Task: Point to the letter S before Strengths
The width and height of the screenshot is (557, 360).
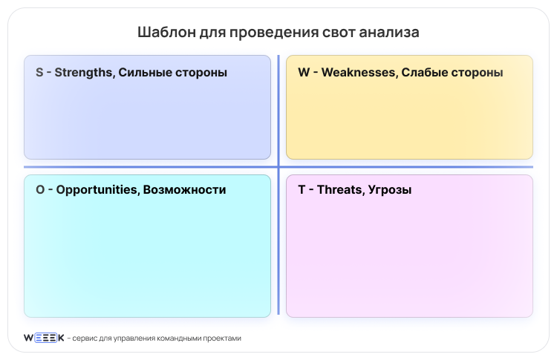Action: tap(39, 73)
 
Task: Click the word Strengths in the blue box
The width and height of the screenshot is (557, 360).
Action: tap(84, 73)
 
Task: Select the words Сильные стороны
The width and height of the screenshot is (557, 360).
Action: tap(172, 73)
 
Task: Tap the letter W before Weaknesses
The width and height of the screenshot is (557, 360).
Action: tap(304, 73)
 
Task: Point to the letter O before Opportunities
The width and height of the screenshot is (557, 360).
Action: tap(40, 190)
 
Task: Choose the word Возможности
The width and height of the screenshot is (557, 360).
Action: tap(184, 190)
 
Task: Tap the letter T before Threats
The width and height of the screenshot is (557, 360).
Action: tap(302, 190)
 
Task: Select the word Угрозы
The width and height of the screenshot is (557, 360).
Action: tap(390, 190)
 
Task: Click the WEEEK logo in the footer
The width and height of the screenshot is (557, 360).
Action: tap(44, 338)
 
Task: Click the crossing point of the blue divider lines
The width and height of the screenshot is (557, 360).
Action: tap(278, 167)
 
